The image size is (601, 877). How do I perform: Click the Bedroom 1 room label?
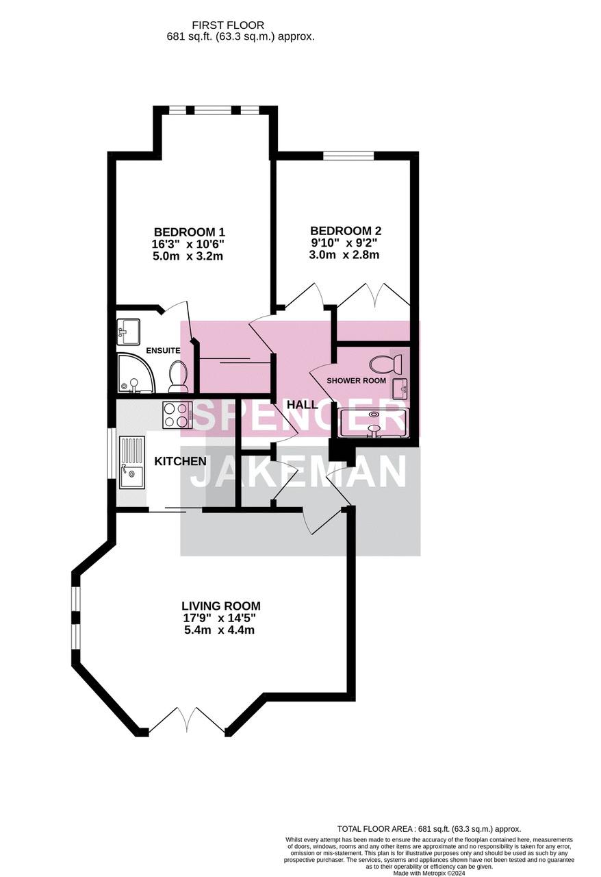[189, 232]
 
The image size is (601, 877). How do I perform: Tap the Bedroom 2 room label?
[346, 231]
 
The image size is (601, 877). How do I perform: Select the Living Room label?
[220, 606]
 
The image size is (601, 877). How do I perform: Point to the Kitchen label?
[181, 461]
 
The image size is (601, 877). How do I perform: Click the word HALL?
[303, 404]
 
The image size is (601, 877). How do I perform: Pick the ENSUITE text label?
[163, 350]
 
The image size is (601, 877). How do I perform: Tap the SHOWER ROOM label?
[356, 380]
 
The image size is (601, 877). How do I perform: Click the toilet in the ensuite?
[178, 377]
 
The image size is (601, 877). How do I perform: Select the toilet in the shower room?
[386, 364]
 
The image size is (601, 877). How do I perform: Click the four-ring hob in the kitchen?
[177, 415]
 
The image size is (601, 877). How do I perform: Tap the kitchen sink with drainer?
[132, 463]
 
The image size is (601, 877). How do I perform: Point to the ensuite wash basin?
[128, 332]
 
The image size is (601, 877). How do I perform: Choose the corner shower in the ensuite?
[135, 374]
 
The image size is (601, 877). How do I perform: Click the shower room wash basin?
[400, 389]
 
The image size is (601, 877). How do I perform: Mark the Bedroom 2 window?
[348, 156]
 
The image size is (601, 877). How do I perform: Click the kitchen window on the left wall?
[112, 454]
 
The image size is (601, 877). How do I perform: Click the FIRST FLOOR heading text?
[228, 25]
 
